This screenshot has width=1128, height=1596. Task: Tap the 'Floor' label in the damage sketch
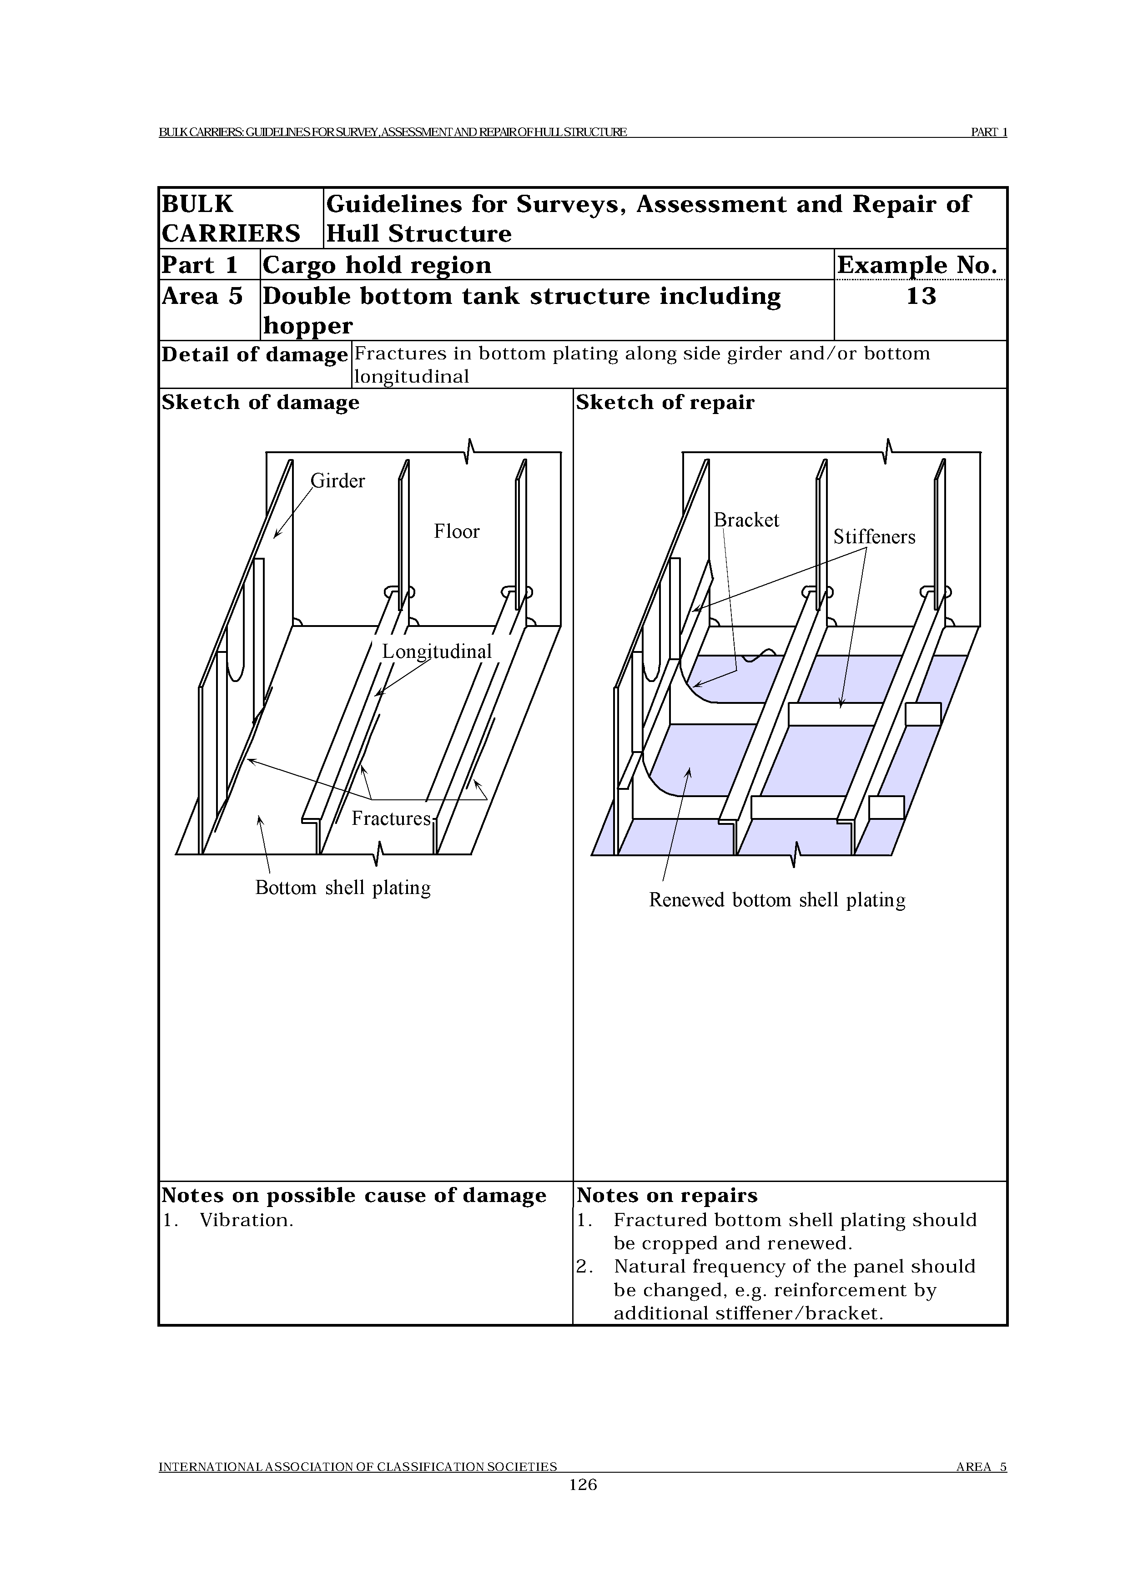click(457, 532)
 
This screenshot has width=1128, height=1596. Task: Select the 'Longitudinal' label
click(437, 652)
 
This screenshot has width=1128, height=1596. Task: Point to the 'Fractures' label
click(391, 818)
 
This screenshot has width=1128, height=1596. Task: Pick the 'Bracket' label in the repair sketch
click(746, 520)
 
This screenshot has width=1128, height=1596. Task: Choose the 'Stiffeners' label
click(874, 537)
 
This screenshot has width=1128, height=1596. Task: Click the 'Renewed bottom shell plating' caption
click(777, 900)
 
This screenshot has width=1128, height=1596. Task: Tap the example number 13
click(921, 296)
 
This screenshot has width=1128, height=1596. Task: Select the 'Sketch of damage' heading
click(261, 403)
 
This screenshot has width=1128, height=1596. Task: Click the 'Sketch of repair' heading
click(665, 403)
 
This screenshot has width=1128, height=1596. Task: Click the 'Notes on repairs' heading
click(666, 1196)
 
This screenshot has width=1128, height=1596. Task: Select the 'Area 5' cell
click(202, 296)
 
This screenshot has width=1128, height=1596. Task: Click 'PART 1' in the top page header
click(988, 132)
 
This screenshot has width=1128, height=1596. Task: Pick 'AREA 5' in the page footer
click(981, 1467)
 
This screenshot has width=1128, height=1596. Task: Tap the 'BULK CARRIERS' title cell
click(231, 218)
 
